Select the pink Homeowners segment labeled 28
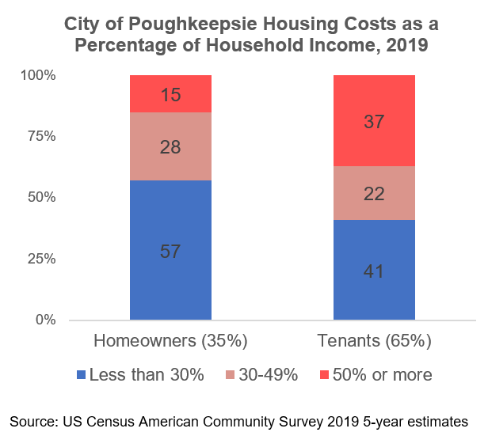tap(170, 146)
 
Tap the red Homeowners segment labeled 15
tap(170, 94)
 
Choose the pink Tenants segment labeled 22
tap(374, 193)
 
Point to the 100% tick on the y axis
tap(38, 76)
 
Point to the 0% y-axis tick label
tap(44, 320)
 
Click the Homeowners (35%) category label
tap(171, 342)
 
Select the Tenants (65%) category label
tap(374, 342)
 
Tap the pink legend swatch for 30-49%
tap(232, 375)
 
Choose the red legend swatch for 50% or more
tap(324, 375)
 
